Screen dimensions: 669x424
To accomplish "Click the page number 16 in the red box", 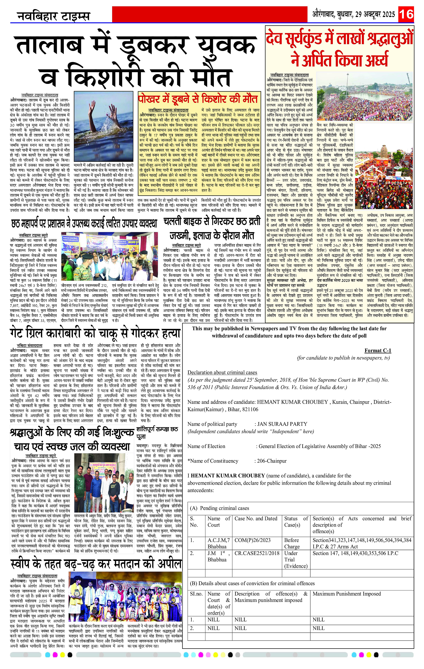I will pos(406,14).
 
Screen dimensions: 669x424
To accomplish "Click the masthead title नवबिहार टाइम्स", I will pos(54,16).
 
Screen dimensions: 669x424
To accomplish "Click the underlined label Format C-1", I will pos(377,351).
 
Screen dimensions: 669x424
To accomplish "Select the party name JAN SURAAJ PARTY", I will pos(282,424).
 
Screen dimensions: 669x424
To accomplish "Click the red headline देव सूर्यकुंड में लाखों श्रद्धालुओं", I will pos(339,38).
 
